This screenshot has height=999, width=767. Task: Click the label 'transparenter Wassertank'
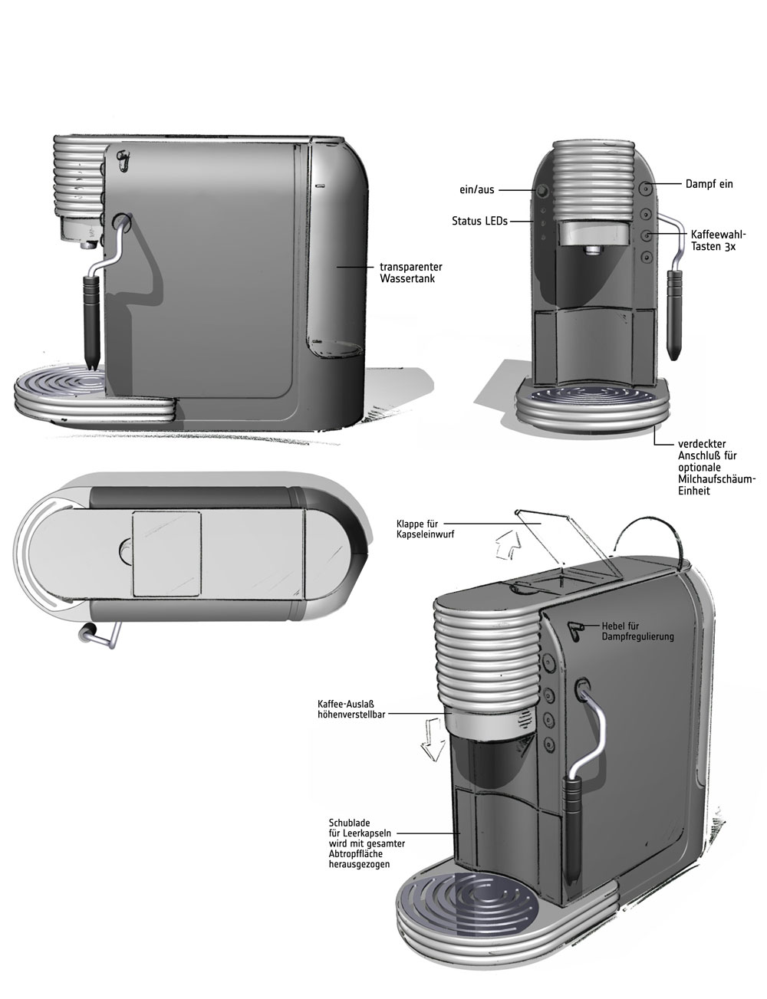[x=410, y=273]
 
